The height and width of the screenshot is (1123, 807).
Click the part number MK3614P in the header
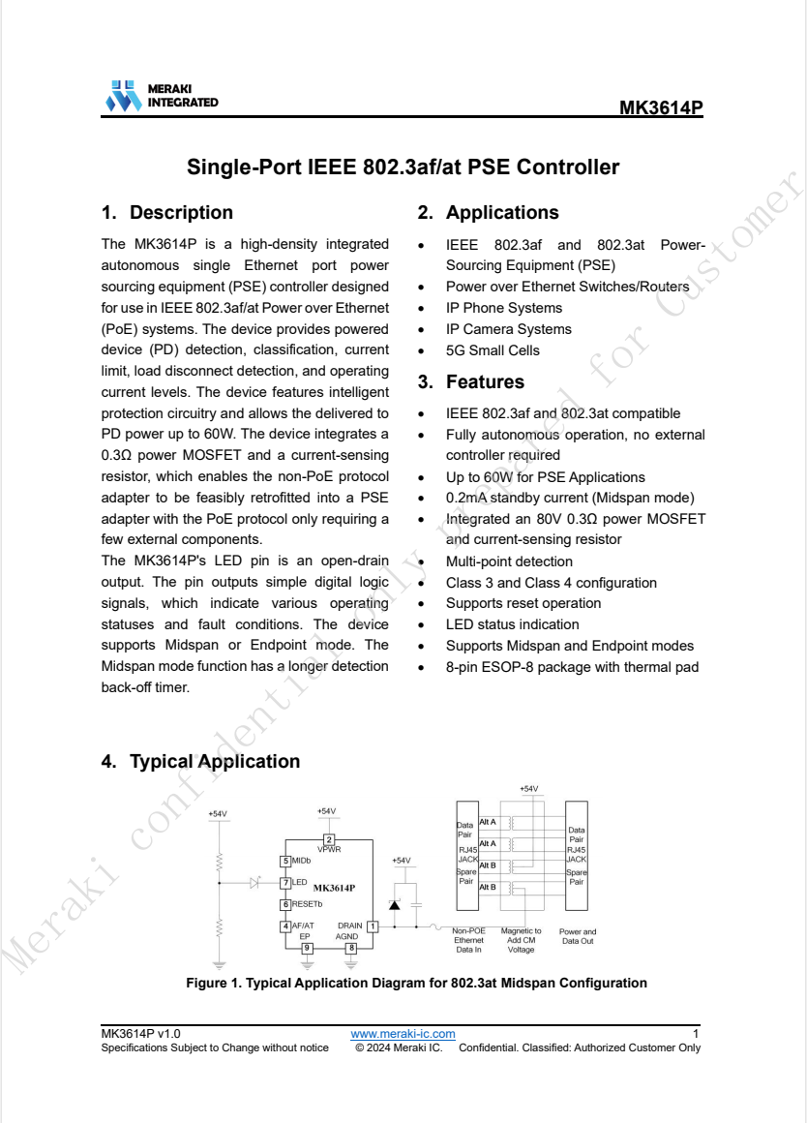point(661,107)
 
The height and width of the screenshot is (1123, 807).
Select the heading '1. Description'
point(167,212)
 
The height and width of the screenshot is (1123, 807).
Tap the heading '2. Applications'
point(488,212)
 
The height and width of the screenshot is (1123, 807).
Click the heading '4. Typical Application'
point(200,761)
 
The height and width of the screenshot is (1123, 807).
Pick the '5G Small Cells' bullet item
point(493,350)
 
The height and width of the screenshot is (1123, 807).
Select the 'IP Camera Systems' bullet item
point(508,329)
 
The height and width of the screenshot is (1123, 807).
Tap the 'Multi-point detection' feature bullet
point(509,561)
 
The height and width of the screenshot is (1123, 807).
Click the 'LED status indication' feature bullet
point(512,624)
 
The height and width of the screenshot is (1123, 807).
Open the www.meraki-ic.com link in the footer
point(403,1035)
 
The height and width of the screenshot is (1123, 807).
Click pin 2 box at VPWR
point(329,839)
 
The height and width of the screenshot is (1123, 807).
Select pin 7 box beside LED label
point(285,883)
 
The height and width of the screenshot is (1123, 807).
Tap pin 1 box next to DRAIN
point(373,926)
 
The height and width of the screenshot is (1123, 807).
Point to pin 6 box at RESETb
point(285,904)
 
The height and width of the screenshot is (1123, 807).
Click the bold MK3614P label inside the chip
point(334,887)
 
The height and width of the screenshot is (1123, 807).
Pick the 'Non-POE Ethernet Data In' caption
point(468,940)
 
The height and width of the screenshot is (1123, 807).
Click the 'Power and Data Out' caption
point(578,936)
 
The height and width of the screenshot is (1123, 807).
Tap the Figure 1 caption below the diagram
point(416,983)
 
